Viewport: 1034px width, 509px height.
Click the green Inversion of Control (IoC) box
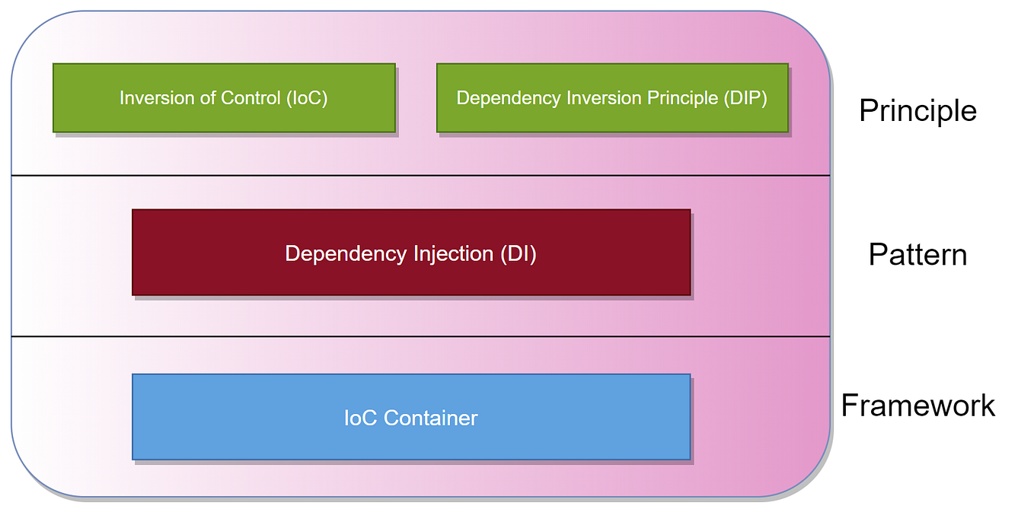(x=224, y=98)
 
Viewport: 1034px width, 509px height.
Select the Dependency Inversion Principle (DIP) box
(x=612, y=98)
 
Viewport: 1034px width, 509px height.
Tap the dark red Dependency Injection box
(x=411, y=253)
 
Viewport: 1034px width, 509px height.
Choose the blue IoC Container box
(x=411, y=417)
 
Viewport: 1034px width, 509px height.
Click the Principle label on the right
(x=918, y=111)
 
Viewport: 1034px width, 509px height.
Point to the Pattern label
(x=918, y=254)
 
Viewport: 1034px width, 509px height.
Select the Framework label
(x=918, y=406)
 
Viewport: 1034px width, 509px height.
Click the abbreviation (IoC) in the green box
(x=308, y=98)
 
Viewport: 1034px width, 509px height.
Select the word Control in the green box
(x=251, y=98)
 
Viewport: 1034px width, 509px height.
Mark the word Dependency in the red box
(x=340, y=254)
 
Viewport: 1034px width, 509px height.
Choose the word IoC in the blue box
(x=361, y=418)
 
